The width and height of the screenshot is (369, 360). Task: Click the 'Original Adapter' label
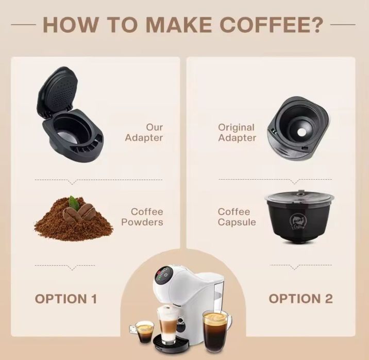[237, 132]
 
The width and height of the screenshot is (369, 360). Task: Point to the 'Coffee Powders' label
[146, 217]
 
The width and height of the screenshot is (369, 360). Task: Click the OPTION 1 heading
[66, 298]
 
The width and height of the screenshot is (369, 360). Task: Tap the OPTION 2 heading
[301, 298]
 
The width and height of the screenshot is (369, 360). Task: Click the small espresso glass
[145, 329]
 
